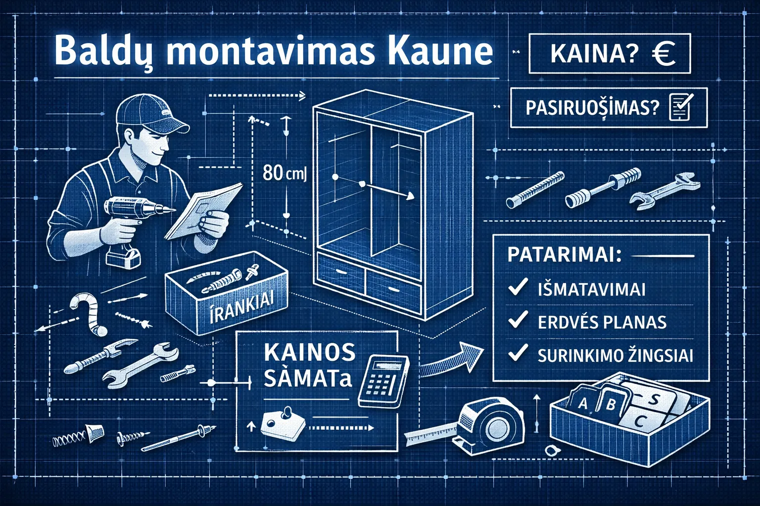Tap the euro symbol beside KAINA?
(x=664, y=53)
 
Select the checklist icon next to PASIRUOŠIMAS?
(x=681, y=107)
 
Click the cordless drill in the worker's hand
(x=129, y=222)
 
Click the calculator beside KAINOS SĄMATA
(x=383, y=381)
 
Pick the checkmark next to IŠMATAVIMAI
(x=518, y=288)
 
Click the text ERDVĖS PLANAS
(x=602, y=322)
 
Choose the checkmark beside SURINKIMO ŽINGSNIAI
(x=518, y=354)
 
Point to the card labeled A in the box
(x=582, y=403)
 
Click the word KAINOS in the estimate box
(x=310, y=352)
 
